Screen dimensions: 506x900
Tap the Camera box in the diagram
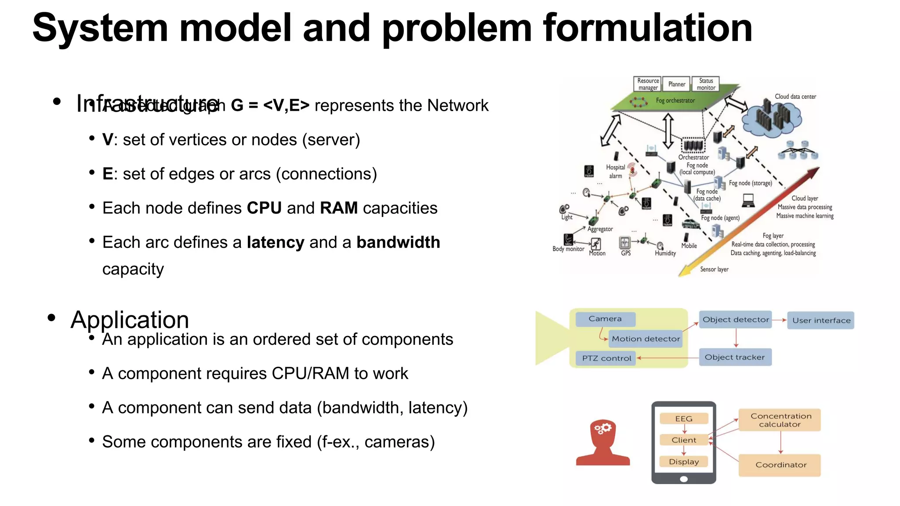(x=605, y=319)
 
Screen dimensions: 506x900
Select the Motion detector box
(x=646, y=339)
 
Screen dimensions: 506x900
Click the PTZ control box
(x=606, y=358)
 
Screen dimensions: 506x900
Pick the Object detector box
(x=736, y=320)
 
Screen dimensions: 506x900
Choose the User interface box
(x=821, y=320)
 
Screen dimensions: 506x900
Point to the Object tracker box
(x=735, y=357)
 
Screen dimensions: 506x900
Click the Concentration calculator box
(x=780, y=420)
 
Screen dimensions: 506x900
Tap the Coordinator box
(x=780, y=465)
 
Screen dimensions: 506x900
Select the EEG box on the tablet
(x=684, y=419)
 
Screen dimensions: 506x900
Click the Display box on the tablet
(x=684, y=462)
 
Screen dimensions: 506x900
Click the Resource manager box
(x=648, y=84)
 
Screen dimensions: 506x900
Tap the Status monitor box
(x=706, y=84)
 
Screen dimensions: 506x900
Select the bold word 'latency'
(x=276, y=242)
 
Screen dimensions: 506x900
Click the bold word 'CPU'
(x=264, y=208)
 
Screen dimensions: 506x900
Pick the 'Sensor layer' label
(x=714, y=269)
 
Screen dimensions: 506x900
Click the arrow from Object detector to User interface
(x=779, y=320)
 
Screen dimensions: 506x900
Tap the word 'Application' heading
(x=130, y=320)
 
